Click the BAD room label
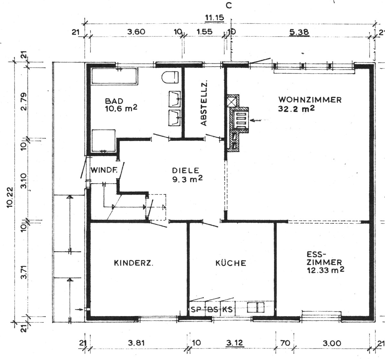[x=114, y=101]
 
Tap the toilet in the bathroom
[x=170, y=77]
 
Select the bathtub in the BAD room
[x=115, y=76]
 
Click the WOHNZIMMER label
[x=310, y=100]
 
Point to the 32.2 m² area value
[x=296, y=109]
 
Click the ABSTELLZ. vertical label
[x=204, y=103]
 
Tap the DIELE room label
[x=185, y=170]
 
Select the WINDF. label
[x=104, y=170]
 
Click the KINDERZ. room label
[x=133, y=263]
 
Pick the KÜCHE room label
[x=231, y=263]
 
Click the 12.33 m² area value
[x=326, y=270]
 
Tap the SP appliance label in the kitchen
[x=196, y=309]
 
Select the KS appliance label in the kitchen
[x=227, y=309]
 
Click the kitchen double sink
[x=255, y=307]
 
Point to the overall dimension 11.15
[x=215, y=18]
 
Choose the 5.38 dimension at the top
[x=299, y=32]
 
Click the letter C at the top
[x=229, y=6]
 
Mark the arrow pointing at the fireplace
[x=256, y=120]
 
